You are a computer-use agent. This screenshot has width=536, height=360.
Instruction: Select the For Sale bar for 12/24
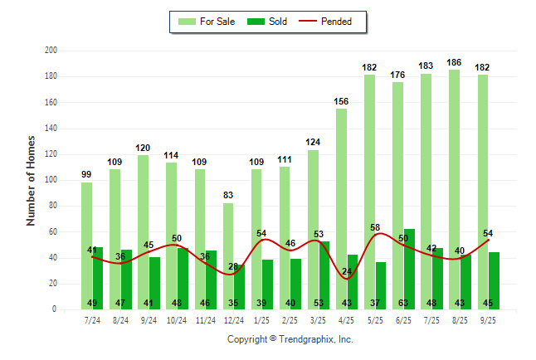[228, 249]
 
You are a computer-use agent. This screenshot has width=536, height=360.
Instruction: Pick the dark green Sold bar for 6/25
[409, 265]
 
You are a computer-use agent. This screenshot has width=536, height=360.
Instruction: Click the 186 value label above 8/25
[454, 62]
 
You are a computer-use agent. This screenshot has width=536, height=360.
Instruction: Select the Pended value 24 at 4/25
[347, 271]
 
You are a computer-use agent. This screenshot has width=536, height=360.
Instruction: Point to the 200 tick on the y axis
[51, 51]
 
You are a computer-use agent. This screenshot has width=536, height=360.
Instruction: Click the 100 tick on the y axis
[51, 180]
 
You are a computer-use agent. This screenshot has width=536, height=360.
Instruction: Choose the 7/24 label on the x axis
[92, 319]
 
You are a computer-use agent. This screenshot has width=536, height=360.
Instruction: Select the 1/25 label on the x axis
[262, 319]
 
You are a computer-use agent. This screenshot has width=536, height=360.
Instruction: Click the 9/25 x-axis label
[489, 319]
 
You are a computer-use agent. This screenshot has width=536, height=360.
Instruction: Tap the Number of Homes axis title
[31, 180]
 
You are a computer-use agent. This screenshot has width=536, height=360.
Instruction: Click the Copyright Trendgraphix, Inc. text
[290, 339]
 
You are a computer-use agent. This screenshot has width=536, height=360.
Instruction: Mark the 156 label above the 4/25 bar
[341, 101]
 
